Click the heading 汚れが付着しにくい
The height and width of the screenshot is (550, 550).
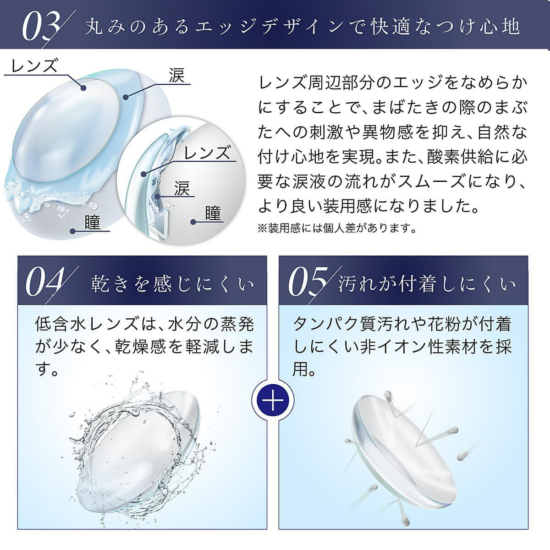pyautogui.click(x=427, y=284)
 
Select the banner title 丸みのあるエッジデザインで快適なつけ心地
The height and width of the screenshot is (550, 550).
pyautogui.click(x=302, y=27)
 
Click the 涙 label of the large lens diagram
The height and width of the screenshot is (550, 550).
pyautogui.click(x=176, y=76)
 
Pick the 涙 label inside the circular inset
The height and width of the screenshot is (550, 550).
pyautogui.click(x=182, y=188)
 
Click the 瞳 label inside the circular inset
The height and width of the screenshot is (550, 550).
pyautogui.click(x=213, y=213)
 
